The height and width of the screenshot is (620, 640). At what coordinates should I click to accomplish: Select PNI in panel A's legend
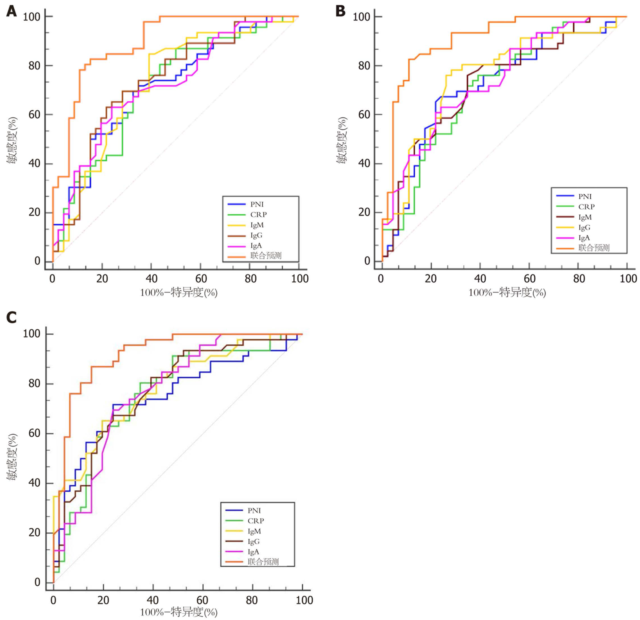click(x=257, y=204)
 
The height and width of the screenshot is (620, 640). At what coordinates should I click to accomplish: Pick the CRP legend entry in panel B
click(x=586, y=207)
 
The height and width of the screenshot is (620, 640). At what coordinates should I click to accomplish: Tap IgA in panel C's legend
click(x=253, y=552)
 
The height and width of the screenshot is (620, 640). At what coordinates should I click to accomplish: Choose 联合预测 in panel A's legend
click(x=266, y=256)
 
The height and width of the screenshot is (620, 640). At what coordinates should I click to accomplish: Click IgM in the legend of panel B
click(x=585, y=217)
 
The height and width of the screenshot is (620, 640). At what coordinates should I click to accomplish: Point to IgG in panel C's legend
click(x=254, y=541)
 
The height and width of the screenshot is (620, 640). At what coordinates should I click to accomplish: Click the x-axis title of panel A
click(x=179, y=292)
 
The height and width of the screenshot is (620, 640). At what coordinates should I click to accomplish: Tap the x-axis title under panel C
click(x=179, y=612)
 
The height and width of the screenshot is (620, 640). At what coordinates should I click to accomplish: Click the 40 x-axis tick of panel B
click(x=480, y=279)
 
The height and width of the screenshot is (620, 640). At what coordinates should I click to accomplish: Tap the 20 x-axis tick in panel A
click(x=102, y=279)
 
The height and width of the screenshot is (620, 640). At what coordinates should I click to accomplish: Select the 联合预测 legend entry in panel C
click(x=263, y=562)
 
